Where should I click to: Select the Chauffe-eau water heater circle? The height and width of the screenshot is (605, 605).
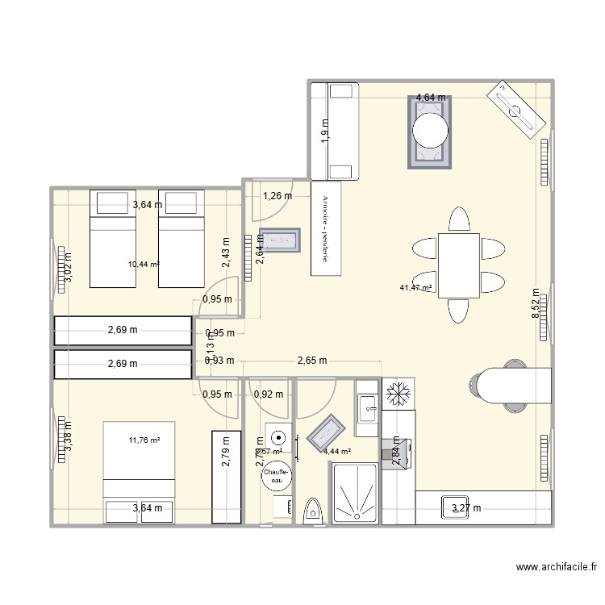[277, 476]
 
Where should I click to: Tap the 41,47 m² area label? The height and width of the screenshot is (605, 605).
[415, 288]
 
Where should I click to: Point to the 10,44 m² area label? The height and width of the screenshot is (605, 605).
[143, 264]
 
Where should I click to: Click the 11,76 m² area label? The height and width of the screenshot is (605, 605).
[144, 440]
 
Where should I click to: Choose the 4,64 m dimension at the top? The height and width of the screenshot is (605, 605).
[430, 98]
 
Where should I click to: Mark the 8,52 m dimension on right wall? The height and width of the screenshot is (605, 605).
[534, 305]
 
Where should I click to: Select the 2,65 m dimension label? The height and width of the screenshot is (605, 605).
[311, 361]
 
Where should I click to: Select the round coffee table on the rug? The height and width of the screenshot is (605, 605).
[430, 130]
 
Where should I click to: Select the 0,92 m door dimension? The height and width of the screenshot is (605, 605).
[269, 394]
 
